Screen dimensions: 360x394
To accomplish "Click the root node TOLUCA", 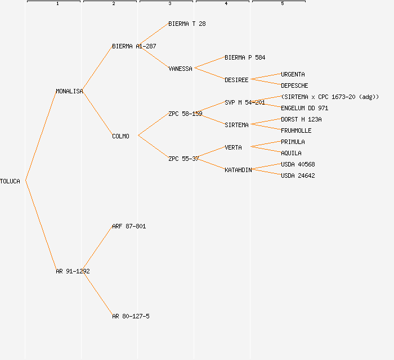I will [x=10, y=181].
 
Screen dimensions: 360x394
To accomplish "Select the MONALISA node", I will [x=69, y=91].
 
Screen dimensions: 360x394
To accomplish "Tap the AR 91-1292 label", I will [x=73, y=271].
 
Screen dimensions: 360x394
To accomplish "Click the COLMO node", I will [x=120, y=136].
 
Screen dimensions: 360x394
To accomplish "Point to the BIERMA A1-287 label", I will [x=134, y=46].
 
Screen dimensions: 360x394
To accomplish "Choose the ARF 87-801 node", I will [x=129, y=226].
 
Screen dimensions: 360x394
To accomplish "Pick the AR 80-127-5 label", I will [x=131, y=316].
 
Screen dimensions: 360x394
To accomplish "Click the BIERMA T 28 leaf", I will [x=187, y=24].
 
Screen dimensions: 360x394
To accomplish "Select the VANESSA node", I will [x=180, y=69].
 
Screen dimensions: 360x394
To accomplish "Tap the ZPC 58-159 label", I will [x=185, y=114].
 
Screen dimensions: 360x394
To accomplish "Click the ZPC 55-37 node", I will [x=183, y=159].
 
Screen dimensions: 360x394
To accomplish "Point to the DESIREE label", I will [x=236, y=80].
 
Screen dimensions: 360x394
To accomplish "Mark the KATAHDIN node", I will [x=238, y=170].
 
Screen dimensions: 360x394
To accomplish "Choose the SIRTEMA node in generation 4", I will [x=236, y=125].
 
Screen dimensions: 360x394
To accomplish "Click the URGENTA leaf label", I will [x=293, y=74].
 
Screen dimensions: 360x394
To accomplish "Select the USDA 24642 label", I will [x=298, y=175].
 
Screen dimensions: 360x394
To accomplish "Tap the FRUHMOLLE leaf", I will [x=296, y=130].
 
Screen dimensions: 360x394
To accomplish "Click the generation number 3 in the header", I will [x=170, y=4].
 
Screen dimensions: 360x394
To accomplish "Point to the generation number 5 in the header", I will [x=283, y=4].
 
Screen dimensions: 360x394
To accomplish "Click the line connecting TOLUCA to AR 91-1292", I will [x=41, y=226].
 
